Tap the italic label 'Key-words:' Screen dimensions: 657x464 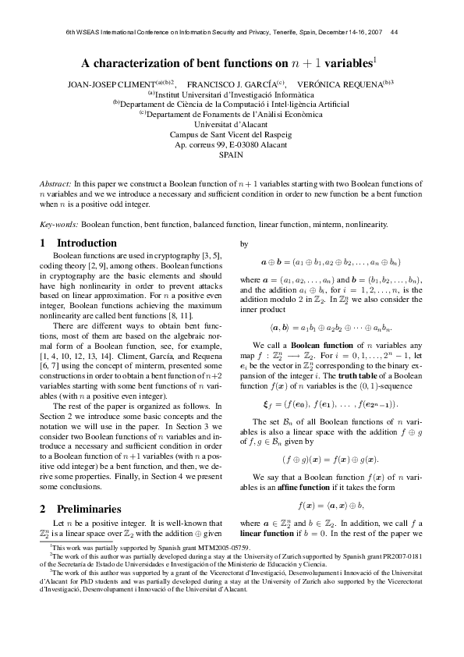point(59,224)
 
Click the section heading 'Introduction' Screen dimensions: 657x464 point(87,243)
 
